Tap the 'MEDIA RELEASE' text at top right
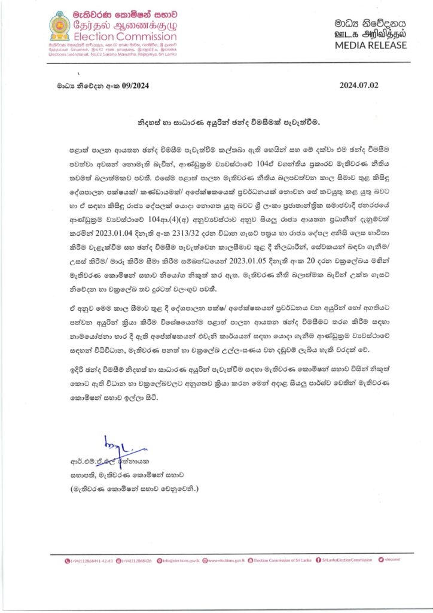click(371, 45)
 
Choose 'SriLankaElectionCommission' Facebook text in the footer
click(347, 560)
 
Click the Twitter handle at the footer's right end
click(391, 560)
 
